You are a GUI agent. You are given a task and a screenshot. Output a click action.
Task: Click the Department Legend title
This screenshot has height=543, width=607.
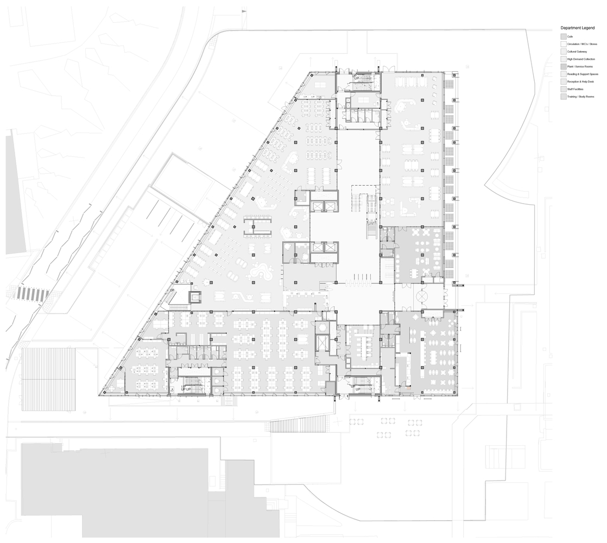(x=578, y=28)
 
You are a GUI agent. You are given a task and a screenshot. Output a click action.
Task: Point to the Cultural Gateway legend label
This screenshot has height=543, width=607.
(x=576, y=51)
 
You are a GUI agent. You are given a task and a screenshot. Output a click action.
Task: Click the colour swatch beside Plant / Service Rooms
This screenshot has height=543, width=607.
(x=563, y=66)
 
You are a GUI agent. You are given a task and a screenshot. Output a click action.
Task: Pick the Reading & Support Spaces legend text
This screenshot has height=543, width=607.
(x=580, y=73)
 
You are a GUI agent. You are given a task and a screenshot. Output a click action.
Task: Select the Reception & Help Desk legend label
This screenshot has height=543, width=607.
(x=579, y=81)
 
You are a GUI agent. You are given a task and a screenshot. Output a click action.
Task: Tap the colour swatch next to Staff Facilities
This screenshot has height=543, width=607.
(x=563, y=89)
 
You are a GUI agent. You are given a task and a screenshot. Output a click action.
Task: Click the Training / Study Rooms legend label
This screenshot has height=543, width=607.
(x=579, y=96)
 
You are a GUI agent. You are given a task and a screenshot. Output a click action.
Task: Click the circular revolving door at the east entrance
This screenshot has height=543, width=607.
(x=423, y=297)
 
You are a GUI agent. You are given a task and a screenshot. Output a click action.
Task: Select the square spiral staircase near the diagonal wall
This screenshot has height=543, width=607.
(x=195, y=297)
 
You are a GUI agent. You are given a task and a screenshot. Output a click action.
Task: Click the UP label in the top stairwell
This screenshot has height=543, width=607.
(x=357, y=78)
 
